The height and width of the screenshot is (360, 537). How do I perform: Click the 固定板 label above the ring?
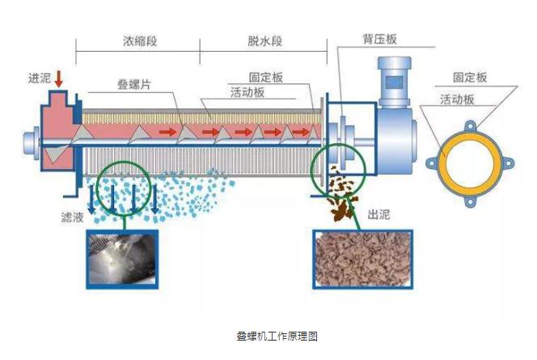[x=470, y=78]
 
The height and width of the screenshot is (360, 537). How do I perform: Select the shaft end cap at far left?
[x=32, y=144]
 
